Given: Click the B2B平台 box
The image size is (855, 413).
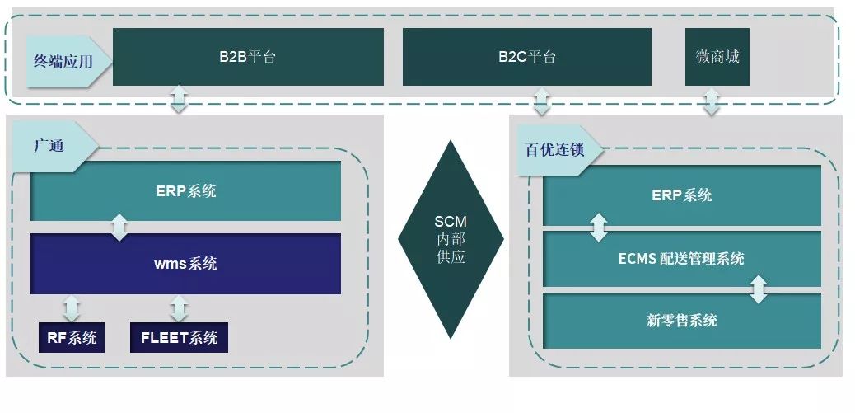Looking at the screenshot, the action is (248, 57).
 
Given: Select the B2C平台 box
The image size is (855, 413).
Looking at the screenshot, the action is (526, 57).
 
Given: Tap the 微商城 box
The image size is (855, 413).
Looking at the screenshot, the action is (717, 57).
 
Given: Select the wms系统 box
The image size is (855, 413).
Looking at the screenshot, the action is (185, 264).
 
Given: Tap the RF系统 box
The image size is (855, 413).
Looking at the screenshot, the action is (72, 337).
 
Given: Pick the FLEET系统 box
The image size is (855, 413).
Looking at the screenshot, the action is (179, 337).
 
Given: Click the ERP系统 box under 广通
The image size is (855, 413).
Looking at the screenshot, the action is (185, 191).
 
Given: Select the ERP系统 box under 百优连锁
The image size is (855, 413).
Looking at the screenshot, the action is (681, 195).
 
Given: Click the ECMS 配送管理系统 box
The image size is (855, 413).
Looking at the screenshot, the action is (681, 259).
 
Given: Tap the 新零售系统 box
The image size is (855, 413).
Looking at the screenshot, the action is (681, 321).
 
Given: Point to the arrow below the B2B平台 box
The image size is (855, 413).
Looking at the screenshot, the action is (180, 99).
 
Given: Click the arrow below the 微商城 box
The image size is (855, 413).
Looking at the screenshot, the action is (712, 102).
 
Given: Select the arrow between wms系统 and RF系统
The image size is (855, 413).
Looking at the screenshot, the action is (71, 308).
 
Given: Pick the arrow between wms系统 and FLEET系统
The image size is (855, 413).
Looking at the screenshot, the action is (178, 308).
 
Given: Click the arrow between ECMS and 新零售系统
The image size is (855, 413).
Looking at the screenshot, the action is (759, 289).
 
